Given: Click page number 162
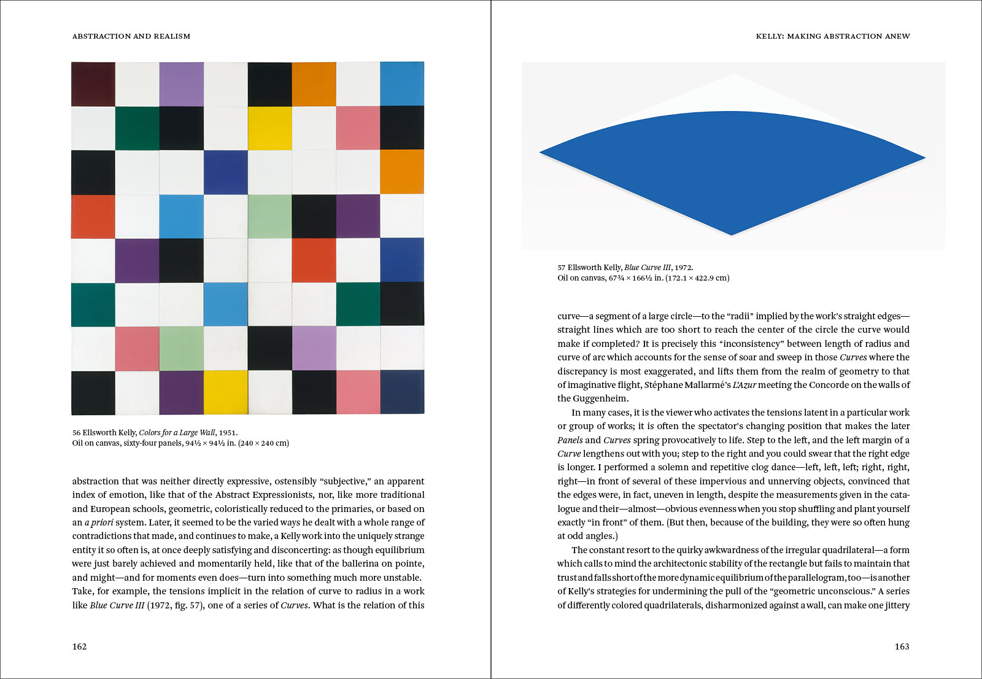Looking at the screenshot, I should click(80, 646).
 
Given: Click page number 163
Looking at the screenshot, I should click(902, 646).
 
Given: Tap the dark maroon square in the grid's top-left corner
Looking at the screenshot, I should click(93, 84).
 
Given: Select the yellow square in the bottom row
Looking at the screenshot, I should click(226, 392).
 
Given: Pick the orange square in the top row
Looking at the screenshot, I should click(314, 84).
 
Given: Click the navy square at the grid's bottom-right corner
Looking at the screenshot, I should click(402, 392).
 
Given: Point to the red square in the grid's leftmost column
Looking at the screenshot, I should click(93, 217).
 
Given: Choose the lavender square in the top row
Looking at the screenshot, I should click(182, 84).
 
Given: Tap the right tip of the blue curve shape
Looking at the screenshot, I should click(924, 158).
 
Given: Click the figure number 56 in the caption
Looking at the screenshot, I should click(76, 433).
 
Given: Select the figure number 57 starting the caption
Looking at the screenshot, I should click(561, 268).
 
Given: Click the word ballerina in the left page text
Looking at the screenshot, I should click(361, 564).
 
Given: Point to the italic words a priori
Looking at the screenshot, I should click(99, 522).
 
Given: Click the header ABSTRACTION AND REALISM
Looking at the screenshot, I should click(131, 36).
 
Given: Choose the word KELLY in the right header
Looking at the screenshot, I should click(769, 36).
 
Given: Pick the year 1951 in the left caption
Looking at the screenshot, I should click(228, 433).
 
